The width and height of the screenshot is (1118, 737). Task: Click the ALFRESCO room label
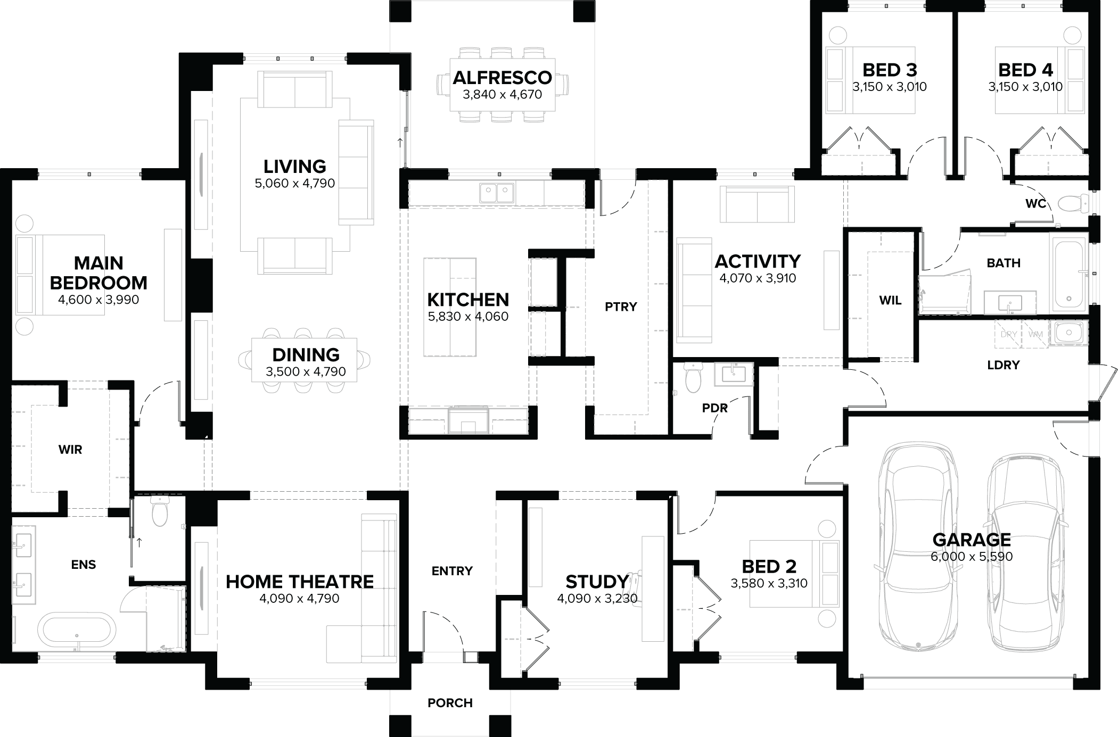pos(502,78)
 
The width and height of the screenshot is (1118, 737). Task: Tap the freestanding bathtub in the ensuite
pos(77,631)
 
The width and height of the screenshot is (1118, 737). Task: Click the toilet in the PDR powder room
pos(693,378)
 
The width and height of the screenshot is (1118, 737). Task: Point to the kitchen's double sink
pos(496,193)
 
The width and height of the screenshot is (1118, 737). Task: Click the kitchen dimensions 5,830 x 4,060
pos(468,317)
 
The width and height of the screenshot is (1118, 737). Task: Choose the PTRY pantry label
pos(621,307)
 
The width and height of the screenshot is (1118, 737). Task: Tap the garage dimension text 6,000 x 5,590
pos(972,557)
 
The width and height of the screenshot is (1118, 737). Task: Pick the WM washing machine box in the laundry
pos(1035,334)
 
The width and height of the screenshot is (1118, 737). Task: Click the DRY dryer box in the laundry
pos(1008,334)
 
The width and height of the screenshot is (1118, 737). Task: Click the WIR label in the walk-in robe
pos(70,450)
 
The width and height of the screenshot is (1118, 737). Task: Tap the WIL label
pos(890,301)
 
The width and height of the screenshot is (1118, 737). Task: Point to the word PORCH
pos(450,703)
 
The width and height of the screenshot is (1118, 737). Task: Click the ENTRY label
pos(452,571)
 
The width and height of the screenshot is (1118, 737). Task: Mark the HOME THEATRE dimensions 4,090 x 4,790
pos(299,599)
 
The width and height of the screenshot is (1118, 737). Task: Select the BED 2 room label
pos(769,567)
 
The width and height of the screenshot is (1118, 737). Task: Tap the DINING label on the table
pos(306,355)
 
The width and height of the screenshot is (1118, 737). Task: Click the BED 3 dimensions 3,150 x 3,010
pos(889,87)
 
